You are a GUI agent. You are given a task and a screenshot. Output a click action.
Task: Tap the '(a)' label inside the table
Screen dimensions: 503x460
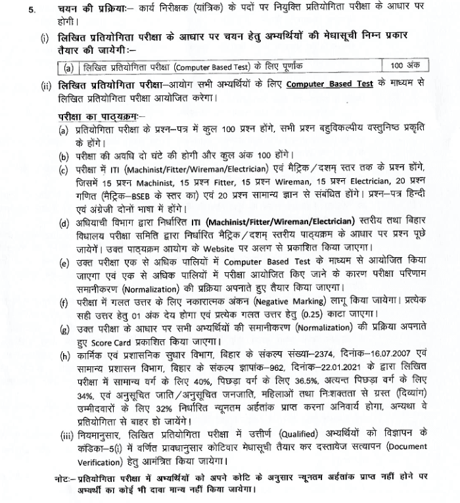coord(68,66)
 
